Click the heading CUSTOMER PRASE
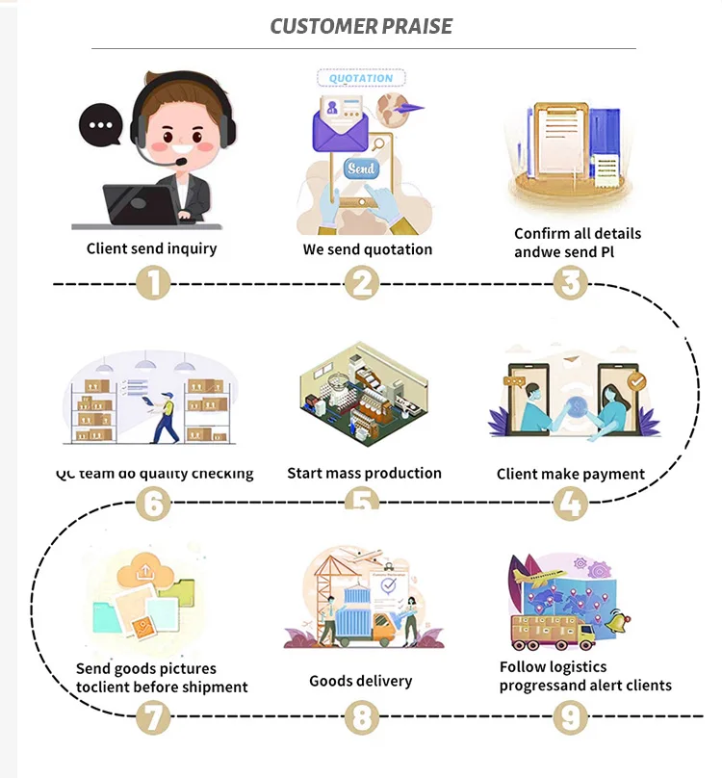pos(361,26)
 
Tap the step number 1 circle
pos(153,284)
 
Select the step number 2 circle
pos(361,284)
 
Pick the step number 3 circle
pos(570,284)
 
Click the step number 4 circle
pos(570,503)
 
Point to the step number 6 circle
pos(153,503)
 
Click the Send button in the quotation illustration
pos(362,169)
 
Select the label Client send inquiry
pos(152,248)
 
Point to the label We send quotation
pos(368,249)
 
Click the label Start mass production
pos(364,473)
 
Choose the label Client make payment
pos(571,474)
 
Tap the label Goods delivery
pos(360,681)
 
